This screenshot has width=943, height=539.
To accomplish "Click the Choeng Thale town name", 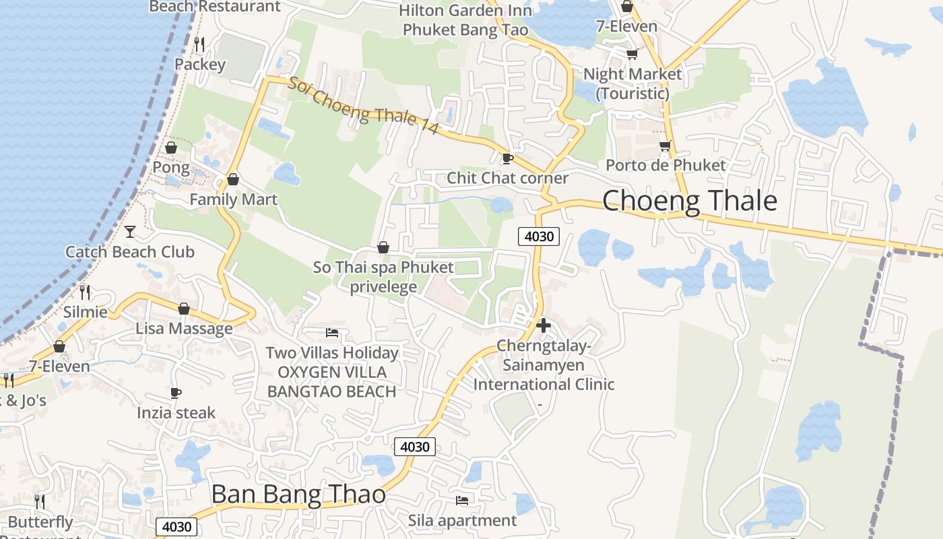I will click(689, 201).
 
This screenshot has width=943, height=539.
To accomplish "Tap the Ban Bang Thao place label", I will click(298, 495).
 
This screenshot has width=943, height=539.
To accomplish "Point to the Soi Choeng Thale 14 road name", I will click(363, 107).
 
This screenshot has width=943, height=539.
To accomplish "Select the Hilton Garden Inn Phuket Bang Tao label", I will click(465, 20).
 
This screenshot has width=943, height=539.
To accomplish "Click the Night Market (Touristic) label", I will click(632, 83).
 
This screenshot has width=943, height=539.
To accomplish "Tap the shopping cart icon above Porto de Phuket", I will click(665, 146).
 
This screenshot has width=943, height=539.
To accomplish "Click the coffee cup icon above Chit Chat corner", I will click(507, 159).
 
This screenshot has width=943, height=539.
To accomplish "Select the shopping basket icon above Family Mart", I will click(233, 179).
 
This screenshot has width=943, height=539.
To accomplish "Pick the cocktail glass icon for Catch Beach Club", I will click(130, 232).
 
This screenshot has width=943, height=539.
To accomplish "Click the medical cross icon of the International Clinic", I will click(543, 325).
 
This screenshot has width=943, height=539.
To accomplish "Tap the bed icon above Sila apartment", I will click(462, 500).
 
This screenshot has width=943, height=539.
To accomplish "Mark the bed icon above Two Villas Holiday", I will click(331, 332).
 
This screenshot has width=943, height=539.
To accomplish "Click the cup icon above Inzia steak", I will click(176, 393).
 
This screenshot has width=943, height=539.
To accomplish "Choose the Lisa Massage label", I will click(184, 328).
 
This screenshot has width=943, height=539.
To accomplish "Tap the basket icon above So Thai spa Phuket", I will click(383, 247).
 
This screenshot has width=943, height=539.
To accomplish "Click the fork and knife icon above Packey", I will click(199, 44).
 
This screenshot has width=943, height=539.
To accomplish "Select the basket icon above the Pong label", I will click(171, 147).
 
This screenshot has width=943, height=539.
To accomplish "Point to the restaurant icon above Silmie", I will click(85, 292).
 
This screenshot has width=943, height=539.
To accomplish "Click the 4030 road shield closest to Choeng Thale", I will click(539, 236).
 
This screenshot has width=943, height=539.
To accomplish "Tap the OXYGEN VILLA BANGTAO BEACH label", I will click(331, 381).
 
